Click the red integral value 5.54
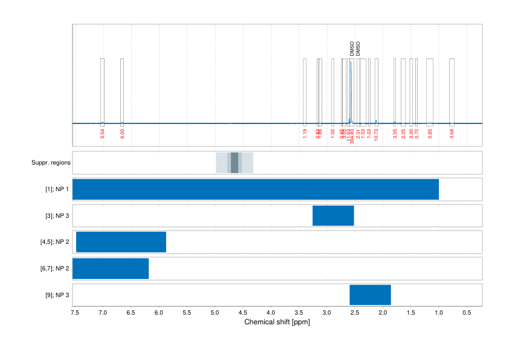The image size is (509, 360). pyautogui.click(x=103, y=134)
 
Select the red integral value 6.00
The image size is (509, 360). pyautogui.click(x=122, y=134)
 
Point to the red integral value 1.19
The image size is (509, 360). pyautogui.click(x=305, y=134)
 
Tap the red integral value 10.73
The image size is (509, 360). pyautogui.click(x=376, y=135)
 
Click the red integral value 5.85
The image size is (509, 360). pyautogui.click(x=430, y=134)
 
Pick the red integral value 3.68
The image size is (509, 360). pyautogui.click(x=452, y=134)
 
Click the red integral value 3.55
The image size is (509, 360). pyautogui.click(x=395, y=134)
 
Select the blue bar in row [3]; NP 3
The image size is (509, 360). pyautogui.click(x=333, y=215)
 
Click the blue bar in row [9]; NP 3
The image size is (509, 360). pyautogui.click(x=370, y=295)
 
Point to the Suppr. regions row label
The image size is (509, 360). pyautogui.click(x=51, y=163)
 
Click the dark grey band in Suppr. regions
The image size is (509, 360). pyautogui.click(x=235, y=163)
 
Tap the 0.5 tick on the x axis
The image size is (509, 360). pyautogui.click(x=466, y=313)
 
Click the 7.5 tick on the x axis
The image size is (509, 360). pyautogui.click(x=75, y=313)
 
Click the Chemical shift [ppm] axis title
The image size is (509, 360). pyautogui.click(x=277, y=322)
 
